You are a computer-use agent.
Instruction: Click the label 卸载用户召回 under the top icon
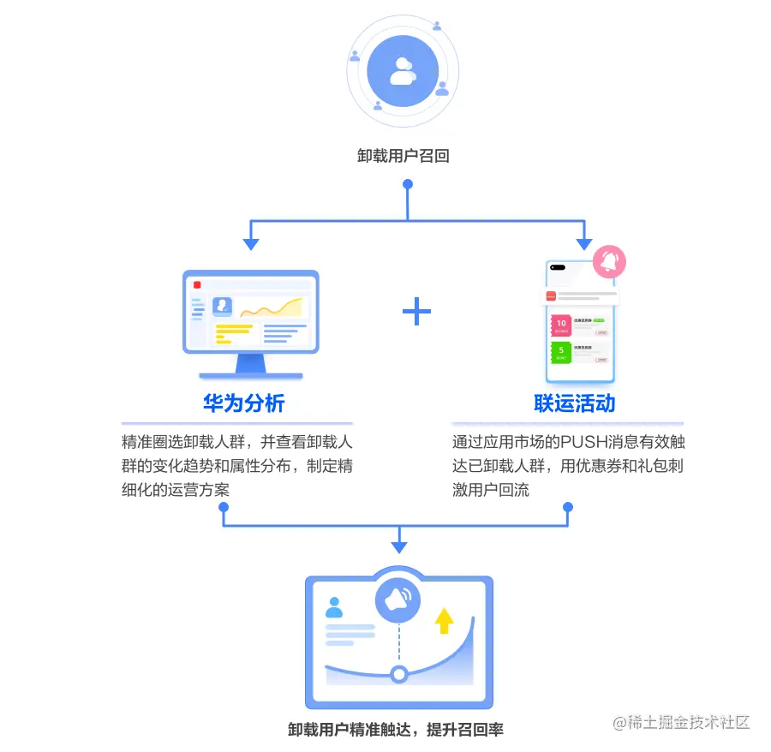(403, 156)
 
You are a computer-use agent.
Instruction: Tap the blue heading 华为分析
(244, 403)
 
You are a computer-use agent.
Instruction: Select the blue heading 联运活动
(575, 403)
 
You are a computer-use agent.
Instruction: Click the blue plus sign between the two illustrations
(417, 312)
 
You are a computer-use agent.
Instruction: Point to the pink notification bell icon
(610, 260)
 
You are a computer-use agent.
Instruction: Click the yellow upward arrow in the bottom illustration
(444, 620)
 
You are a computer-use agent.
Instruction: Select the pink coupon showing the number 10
(562, 325)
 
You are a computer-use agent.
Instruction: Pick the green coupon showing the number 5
(562, 352)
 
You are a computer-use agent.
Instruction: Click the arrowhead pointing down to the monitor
(250, 244)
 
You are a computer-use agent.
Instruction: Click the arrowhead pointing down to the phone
(584, 244)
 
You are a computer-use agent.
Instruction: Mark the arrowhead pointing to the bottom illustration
(398, 547)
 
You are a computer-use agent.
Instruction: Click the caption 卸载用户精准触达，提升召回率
(396, 730)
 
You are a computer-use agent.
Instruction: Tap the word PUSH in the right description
(583, 443)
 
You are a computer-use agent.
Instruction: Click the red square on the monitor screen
(197, 285)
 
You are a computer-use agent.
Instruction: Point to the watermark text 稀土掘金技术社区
(690, 722)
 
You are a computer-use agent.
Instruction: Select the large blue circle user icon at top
(403, 72)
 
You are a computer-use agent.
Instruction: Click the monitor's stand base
(250, 374)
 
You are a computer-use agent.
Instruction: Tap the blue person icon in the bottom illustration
(334, 608)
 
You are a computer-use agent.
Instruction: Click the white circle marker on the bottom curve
(398, 674)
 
